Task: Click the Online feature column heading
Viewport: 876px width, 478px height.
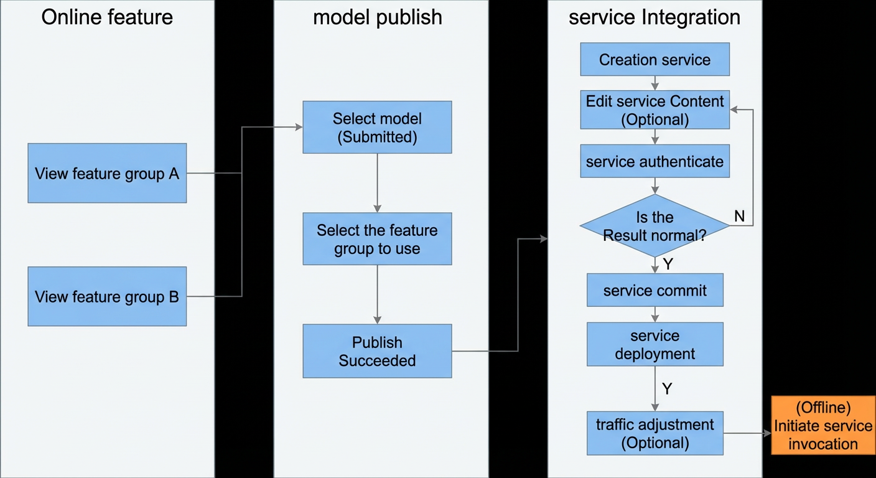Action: click(x=107, y=17)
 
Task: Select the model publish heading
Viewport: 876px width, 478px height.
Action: click(x=378, y=18)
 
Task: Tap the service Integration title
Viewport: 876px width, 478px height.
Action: click(x=655, y=17)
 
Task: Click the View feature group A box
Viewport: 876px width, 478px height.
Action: click(x=107, y=173)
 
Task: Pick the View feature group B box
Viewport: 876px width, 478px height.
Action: click(x=107, y=296)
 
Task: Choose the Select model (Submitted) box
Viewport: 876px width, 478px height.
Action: click(x=378, y=127)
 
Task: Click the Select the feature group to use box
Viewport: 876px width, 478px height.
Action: click(x=378, y=238)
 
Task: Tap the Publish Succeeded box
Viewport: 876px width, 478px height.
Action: click(x=378, y=351)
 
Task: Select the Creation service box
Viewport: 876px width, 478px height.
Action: click(x=655, y=59)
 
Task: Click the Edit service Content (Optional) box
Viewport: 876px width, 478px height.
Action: click(x=655, y=110)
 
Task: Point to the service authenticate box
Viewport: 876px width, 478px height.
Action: click(x=655, y=161)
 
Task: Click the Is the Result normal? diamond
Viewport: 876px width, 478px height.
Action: click(x=655, y=226)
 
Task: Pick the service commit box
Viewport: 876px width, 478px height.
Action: click(x=655, y=290)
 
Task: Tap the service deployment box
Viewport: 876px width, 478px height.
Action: click(x=655, y=344)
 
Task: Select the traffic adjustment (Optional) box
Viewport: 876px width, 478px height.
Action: click(x=655, y=433)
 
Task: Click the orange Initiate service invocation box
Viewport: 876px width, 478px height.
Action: click(x=823, y=425)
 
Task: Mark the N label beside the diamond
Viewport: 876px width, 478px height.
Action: click(x=740, y=216)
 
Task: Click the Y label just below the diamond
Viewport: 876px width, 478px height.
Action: click(x=668, y=264)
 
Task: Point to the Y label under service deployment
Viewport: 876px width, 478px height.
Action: click(x=667, y=388)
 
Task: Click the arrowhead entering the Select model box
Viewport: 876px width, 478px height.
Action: click(x=299, y=127)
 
